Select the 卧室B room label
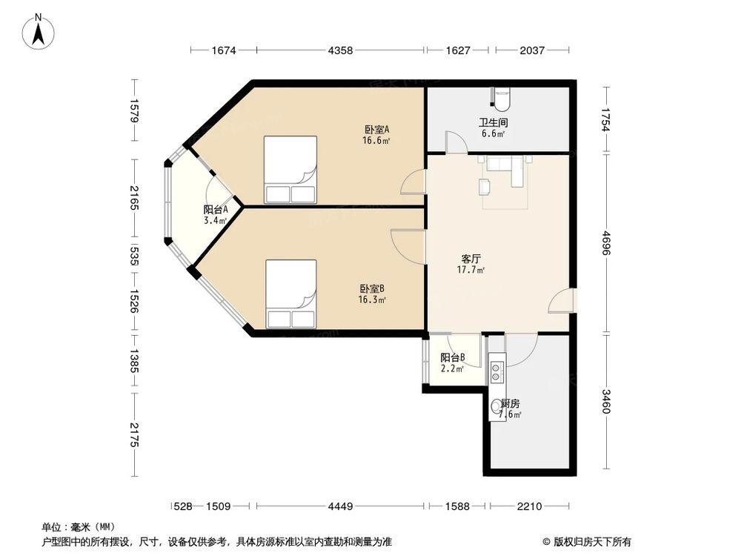372,289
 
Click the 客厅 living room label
471,259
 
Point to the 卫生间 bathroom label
492,122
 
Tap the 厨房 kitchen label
510,404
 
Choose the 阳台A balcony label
215,210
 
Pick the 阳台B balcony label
452,357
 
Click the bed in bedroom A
290,170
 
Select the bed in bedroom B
291,294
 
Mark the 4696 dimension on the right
606,243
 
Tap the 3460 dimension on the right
606,401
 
